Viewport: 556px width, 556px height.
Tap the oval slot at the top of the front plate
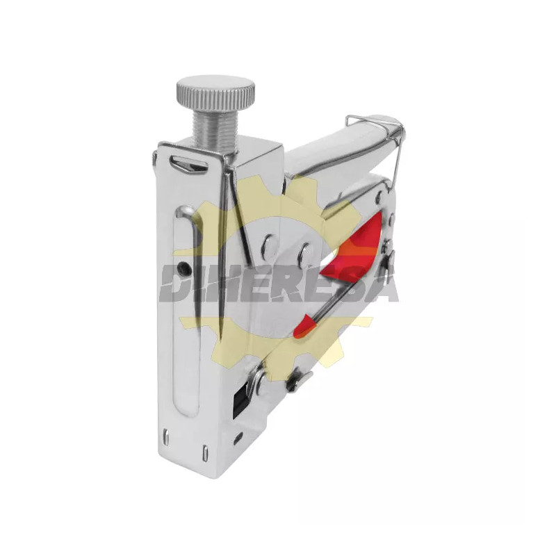point(188,165)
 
